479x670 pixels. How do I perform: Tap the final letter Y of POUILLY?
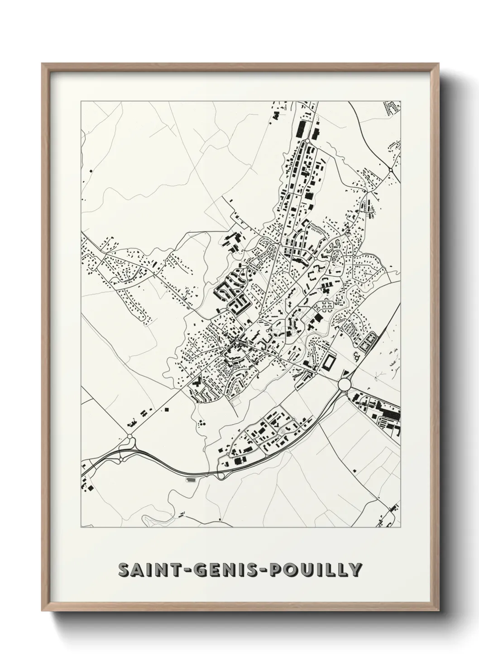355,569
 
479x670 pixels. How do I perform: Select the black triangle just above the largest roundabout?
347,373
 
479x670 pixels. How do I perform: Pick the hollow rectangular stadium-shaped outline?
329,362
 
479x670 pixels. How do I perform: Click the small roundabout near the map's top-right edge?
390,170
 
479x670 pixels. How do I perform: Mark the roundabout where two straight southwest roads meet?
130,436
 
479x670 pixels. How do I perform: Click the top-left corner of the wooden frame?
42,64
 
